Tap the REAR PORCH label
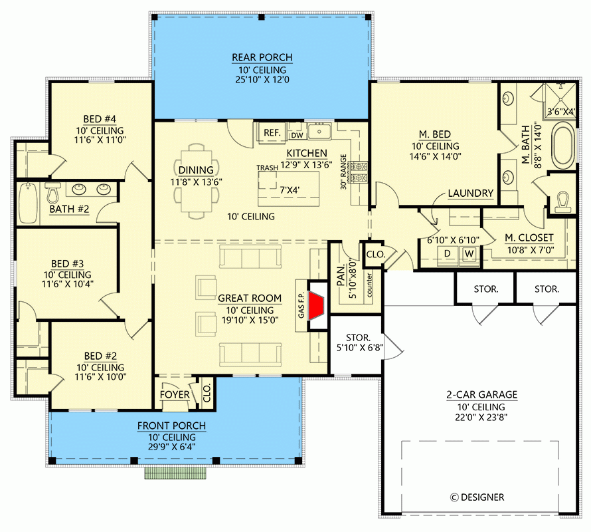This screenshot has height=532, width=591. (x=262, y=58)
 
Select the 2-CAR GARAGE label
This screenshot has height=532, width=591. (x=481, y=394)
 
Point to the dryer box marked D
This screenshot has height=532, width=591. (x=447, y=253)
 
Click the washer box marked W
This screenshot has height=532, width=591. (x=469, y=253)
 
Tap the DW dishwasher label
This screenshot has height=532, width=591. (x=296, y=134)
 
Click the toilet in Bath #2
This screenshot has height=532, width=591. (x=53, y=193)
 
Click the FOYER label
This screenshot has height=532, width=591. (x=175, y=395)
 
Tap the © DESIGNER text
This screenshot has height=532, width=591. (x=477, y=497)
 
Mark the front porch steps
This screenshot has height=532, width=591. (x=175, y=473)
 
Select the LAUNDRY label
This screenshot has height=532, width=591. (x=470, y=194)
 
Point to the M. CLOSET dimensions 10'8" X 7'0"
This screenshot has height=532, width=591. (x=529, y=250)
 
